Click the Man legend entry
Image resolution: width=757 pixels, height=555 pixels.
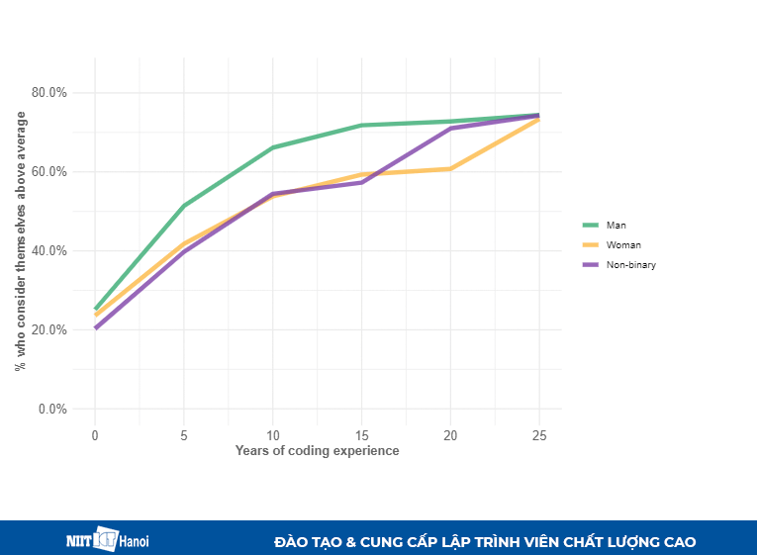click(x=615, y=225)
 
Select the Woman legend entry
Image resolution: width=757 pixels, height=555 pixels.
click(x=623, y=244)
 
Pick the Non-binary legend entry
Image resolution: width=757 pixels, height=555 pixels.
click(x=630, y=264)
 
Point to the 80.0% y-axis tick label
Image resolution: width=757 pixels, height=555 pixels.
click(x=49, y=93)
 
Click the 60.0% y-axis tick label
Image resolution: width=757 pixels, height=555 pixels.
click(x=49, y=172)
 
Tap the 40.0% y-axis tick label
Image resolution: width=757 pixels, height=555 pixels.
click(x=49, y=251)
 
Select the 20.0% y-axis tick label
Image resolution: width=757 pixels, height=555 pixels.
click(x=49, y=330)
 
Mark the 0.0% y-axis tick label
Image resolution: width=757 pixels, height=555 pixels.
click(x=52, y=410)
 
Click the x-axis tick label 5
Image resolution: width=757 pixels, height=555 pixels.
click(x=184, y=435)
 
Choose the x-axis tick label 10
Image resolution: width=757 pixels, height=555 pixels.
click(x=273, y=435)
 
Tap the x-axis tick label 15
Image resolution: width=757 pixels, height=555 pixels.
click(x=362, y=435)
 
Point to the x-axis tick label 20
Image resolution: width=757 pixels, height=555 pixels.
click(x=450, y=435)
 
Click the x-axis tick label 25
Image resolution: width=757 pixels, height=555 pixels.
click(x=539, y=435)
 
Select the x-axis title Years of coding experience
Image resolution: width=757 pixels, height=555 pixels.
click(x=317, y=451)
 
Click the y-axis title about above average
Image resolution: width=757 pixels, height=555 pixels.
click(x=21, y=241)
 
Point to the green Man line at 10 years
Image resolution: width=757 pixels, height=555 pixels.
click(x=273, y=147)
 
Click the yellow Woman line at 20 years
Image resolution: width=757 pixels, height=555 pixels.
click(x=450, y=169)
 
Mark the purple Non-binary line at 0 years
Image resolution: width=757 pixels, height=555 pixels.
click(x=96, y=327)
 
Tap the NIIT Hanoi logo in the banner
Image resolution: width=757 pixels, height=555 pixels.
click(x=107, y=540)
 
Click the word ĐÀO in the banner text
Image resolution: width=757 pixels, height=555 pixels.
click(x=294, y=542)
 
